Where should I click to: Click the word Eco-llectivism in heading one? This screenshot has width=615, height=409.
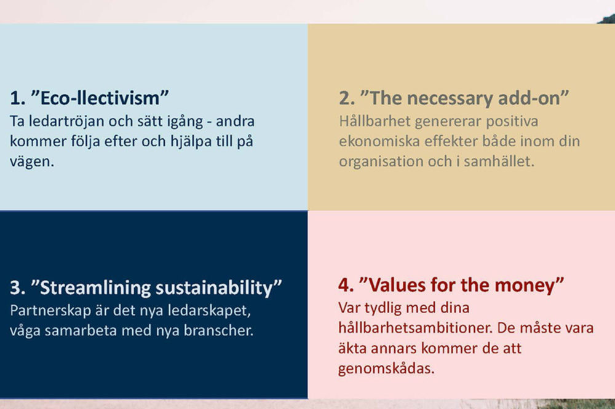click(x=100, y=98)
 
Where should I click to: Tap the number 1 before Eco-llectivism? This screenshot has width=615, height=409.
click(x=15, y=98)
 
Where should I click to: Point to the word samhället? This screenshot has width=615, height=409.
click(x=499, y=162)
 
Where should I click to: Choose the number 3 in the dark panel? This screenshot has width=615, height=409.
click(x=15, y=288)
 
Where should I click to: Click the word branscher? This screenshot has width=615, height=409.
click(x=218, y=330)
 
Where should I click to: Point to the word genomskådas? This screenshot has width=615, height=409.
click(x=386, y=369)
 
